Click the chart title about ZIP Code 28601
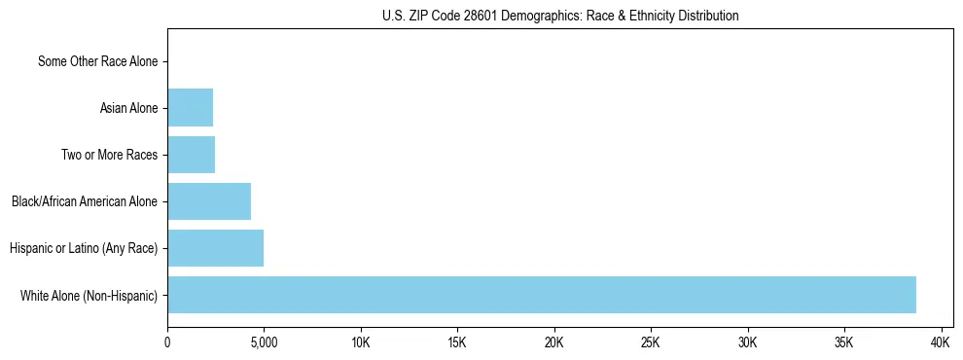pyautogui.click(x=559, y=16)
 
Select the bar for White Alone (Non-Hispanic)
pyautogui.click(x=542, y=295)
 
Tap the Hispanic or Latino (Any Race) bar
pyautogui.click(x=215, y=248)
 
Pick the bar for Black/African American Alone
pyautogui.click(x=209, y=201)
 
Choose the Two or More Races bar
pyautogui.click(x=191, y=155)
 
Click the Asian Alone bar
pyautogui.click(x=190, y=108)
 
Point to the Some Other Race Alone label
pyautogui.click(x=97, y=61)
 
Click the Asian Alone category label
pyautogui.click(x=128, y=108)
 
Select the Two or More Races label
pyautogui.click(x=109, y=155)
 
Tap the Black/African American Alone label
pyautogui.click(x=85, y=201)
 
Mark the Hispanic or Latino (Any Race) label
pyautogui.click(x=84, y=248)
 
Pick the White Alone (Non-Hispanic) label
pyautogui.click(x=89, y=295)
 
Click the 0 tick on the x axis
pyautogui.click(x=167, y=343)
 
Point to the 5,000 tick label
pyautogui.click(x=264, y=343)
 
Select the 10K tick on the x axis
pyautogui.click(x=361, y=343)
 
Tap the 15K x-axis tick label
pyautogui.click(x=457, y=343)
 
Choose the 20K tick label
pyautogui.click(x=553, y=343)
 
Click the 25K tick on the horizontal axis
pyautogui.click(x=651, y=343)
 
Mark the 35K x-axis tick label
pyautogui.click(x=843, y=343)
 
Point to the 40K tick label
pyautogui.click(x=941, y=343)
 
